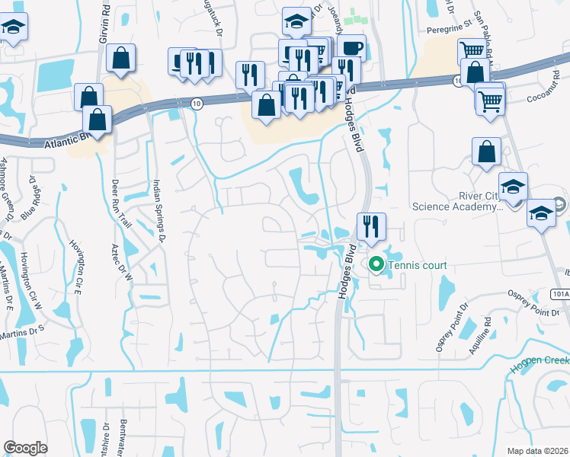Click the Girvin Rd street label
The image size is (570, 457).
click(x=104, y=24)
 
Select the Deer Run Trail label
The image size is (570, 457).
click(x=121, y=200)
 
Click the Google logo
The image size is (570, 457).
click(x=26, y=447)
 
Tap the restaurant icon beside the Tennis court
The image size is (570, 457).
click(x=371, y=226)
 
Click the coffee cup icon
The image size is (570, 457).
click(x=351, y=47)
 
